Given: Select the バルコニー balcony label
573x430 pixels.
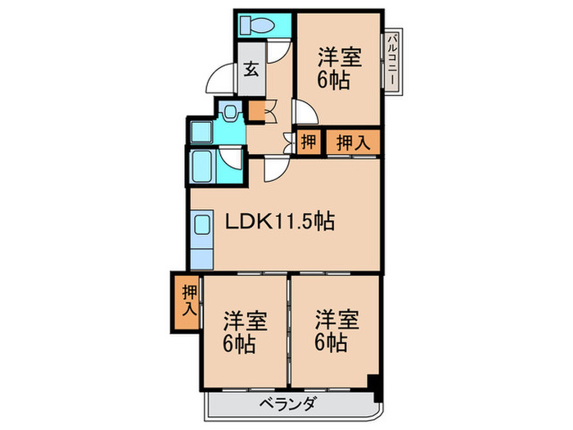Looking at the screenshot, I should coord(394,61).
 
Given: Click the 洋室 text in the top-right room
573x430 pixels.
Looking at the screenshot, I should coord(339,60).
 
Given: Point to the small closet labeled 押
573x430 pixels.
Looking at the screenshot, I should coord(309,142).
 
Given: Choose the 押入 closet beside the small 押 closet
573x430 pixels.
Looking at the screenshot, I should coord(354,142).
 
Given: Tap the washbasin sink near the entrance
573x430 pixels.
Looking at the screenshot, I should coord(230,113).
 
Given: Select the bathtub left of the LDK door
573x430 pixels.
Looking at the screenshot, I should coord(202,169).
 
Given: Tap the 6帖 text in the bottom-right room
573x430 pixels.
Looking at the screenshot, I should coord(333,342).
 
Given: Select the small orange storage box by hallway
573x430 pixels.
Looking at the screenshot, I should coord(256,111).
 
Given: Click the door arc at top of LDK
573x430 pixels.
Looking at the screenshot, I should coord(274,168).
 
